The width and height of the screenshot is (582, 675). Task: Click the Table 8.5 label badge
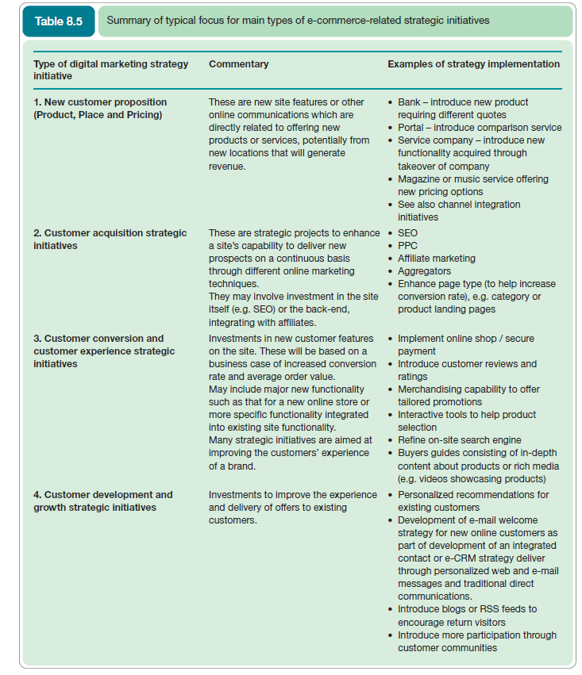(58, 21)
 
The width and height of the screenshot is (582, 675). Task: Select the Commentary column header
(238, 64)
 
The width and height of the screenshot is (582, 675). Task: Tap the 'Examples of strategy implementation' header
(474, 64)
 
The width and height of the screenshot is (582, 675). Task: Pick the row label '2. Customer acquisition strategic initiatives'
(110, 240)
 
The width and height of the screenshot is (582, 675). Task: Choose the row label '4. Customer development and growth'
(102, 501)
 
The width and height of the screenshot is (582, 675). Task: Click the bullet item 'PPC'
(407, 246)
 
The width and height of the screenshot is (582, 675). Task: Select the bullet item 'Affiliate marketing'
(436, 259)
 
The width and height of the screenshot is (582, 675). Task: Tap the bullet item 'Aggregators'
(424, 271)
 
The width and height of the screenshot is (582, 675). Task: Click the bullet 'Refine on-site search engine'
(459, 440)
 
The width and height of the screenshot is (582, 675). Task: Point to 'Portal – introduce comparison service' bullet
(479, 128)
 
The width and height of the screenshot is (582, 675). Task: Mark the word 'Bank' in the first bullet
(409, 102)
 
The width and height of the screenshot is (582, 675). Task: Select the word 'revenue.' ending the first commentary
(227, 166)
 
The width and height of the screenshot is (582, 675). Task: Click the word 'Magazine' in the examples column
(418, 179)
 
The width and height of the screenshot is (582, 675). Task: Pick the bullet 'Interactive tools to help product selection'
(466, 421)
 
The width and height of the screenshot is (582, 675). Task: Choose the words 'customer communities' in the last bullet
(447, 648)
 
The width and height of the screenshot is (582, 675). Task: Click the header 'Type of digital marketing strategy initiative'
(110, 70)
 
